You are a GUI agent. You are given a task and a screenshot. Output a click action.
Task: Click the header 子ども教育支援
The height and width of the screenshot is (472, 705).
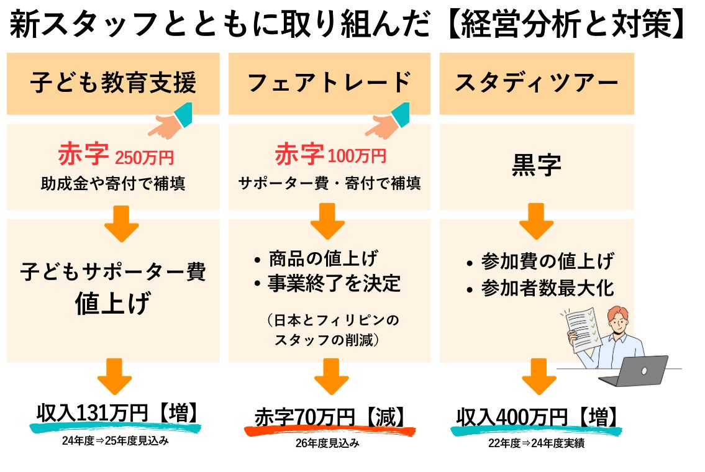click(113, 83)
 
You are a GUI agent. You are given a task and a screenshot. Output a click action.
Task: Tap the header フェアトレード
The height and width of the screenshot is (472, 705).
click(329, 83)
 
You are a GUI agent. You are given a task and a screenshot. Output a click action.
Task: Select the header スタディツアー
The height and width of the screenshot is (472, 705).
click(536, 83)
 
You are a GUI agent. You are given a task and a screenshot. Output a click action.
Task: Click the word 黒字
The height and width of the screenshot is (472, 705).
click(536, 165)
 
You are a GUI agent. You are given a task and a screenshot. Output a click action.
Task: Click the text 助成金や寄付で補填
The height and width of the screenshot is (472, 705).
click(113, 184)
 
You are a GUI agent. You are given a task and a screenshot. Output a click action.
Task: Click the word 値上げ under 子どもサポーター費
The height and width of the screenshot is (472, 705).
click(113, 304)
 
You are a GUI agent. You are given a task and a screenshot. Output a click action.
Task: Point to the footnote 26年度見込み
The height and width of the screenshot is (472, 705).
click(327, 443)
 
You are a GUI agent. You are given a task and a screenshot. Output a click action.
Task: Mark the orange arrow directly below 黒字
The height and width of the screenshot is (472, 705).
click(536, 222)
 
